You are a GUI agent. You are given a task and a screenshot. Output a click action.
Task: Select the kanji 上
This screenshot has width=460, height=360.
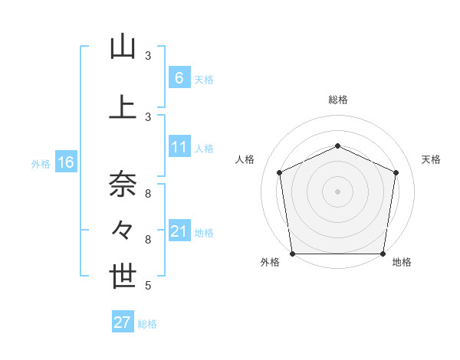pos(123,106)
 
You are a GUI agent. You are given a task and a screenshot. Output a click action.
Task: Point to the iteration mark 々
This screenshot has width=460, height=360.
pos(123,230)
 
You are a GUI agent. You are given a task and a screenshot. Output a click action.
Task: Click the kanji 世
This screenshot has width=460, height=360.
pos(123,276)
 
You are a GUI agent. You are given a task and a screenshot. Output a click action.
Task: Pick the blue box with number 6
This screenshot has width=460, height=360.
pos(179,77)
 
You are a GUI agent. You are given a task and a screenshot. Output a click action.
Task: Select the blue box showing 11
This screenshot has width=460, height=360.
pos(179,147)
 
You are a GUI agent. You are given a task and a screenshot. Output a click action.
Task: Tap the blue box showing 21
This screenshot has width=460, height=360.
pos(179,231)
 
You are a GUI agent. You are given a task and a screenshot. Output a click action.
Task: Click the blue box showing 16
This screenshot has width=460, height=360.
pos(65,162)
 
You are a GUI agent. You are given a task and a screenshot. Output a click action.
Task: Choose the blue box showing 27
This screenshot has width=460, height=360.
pos(123,322)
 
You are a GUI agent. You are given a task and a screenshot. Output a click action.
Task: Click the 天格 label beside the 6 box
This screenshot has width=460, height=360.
pos(204,79)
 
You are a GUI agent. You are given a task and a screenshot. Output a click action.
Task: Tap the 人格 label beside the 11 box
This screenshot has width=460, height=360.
pos(204,149)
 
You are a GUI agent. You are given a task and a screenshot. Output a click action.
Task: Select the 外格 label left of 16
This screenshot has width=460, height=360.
pos(41,163)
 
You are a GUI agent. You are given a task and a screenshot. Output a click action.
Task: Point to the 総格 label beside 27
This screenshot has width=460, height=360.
pos(147,324)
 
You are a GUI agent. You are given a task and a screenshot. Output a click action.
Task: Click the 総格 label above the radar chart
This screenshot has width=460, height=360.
pos(337,100)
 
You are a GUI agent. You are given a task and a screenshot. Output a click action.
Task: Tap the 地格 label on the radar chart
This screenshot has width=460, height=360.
pos(402,262)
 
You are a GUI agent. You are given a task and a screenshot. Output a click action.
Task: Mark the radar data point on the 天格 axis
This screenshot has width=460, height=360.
pos(396,172)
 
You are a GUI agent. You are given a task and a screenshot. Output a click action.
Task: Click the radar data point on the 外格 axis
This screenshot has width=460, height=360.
pos(292,254)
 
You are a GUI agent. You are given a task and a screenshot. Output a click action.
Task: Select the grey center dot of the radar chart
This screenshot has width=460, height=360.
pos(337,191)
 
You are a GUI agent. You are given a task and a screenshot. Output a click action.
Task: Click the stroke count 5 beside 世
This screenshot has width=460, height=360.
pos(147,286)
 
